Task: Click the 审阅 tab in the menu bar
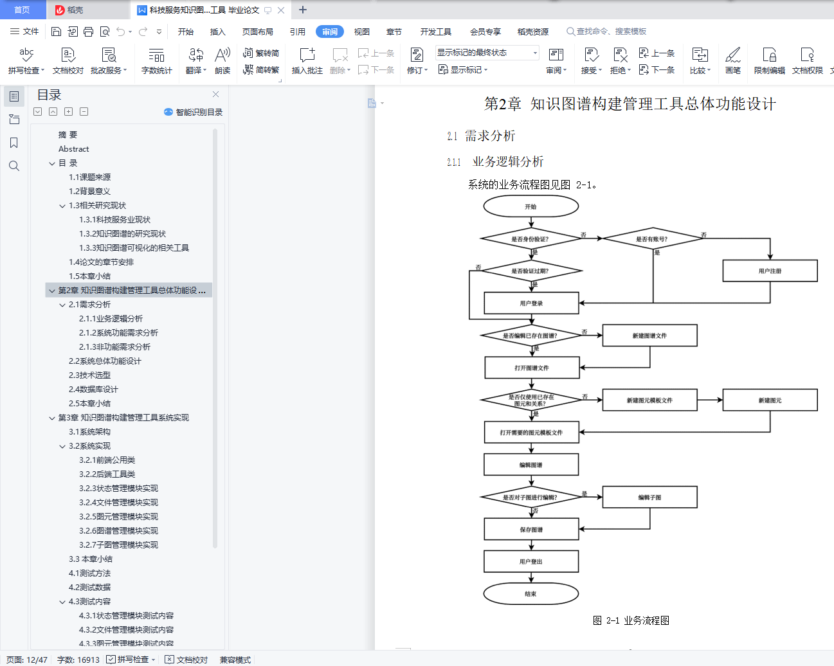(329, 32)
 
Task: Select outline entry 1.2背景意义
(89, 192)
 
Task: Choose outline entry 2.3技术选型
(89, 375)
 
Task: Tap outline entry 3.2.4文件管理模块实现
(118, 503)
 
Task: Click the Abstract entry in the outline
(74, 148)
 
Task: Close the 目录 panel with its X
(216, 94)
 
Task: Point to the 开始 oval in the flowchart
(531, 206)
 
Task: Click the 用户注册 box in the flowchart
(770, 271)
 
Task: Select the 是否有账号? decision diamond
(653, 239)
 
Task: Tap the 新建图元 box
(770, 401)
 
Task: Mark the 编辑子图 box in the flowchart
(650, 497)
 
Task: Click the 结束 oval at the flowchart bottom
(531, 593)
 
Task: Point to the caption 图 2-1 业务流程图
(631, 620)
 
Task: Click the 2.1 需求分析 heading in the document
(481, 136)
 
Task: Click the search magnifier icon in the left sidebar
(14, 166)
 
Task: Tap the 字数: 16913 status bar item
(78, 660)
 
